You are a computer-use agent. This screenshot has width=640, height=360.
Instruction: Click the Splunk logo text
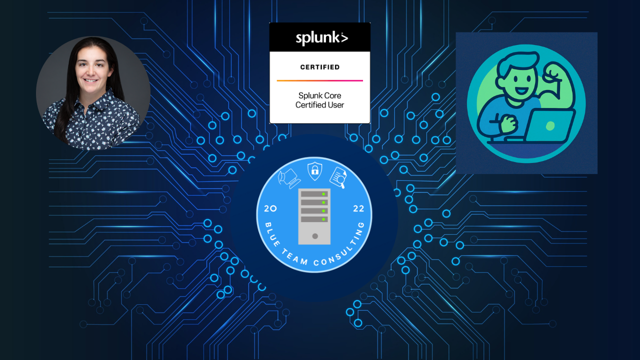tap(320, 37)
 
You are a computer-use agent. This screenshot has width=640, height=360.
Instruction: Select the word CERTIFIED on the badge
tap(320, 67)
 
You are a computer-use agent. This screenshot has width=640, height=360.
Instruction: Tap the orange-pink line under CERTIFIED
tap(320, 80)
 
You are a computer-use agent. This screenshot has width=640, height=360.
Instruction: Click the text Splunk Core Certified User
tap(320, 100)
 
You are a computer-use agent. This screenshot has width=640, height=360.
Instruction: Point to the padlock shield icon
tap(314, 170)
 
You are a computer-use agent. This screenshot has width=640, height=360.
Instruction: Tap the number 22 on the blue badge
tap(358, 209)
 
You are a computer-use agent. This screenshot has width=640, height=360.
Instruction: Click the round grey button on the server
tap(314, 235)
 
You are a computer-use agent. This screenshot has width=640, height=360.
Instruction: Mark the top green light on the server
tap(324, 193)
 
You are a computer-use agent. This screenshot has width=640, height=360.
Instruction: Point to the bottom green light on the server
tap(324, 219)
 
